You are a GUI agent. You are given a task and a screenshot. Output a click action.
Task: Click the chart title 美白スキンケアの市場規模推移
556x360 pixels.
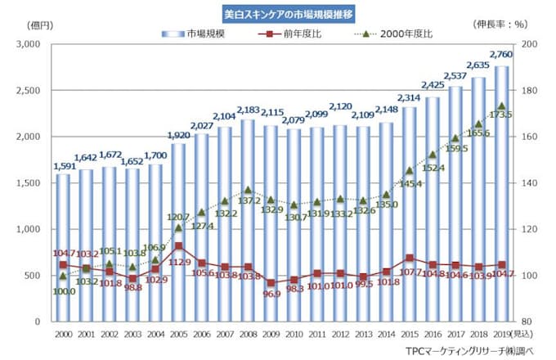click(277, 14)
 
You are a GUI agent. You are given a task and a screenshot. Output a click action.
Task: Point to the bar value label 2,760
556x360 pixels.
click(501, 55)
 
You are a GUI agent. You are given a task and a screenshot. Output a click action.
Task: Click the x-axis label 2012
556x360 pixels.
click(340, 334)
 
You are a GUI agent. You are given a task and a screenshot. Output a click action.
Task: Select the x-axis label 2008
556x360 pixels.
click(248, 334)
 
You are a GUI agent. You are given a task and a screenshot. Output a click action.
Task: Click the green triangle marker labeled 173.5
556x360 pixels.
click(501, 106)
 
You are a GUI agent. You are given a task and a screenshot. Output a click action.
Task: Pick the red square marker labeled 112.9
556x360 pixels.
click(179, 245)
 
